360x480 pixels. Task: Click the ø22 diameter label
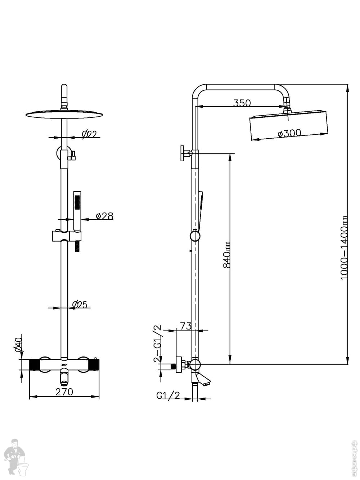(89, 135)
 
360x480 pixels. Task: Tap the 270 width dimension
(64, 391)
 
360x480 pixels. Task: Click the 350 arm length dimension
(242, 103)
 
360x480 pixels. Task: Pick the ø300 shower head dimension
(289, 133)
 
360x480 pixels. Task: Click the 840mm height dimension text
(227, 255)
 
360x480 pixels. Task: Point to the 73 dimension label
(185, 326)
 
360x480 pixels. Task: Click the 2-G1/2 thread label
(157, 344)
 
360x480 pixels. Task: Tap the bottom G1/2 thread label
(168, 395)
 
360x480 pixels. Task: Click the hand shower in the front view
(77, 210)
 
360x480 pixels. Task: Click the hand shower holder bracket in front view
(67, 236)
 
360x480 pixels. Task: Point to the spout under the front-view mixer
(64, 377)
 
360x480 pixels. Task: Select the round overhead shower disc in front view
(64, 114)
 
